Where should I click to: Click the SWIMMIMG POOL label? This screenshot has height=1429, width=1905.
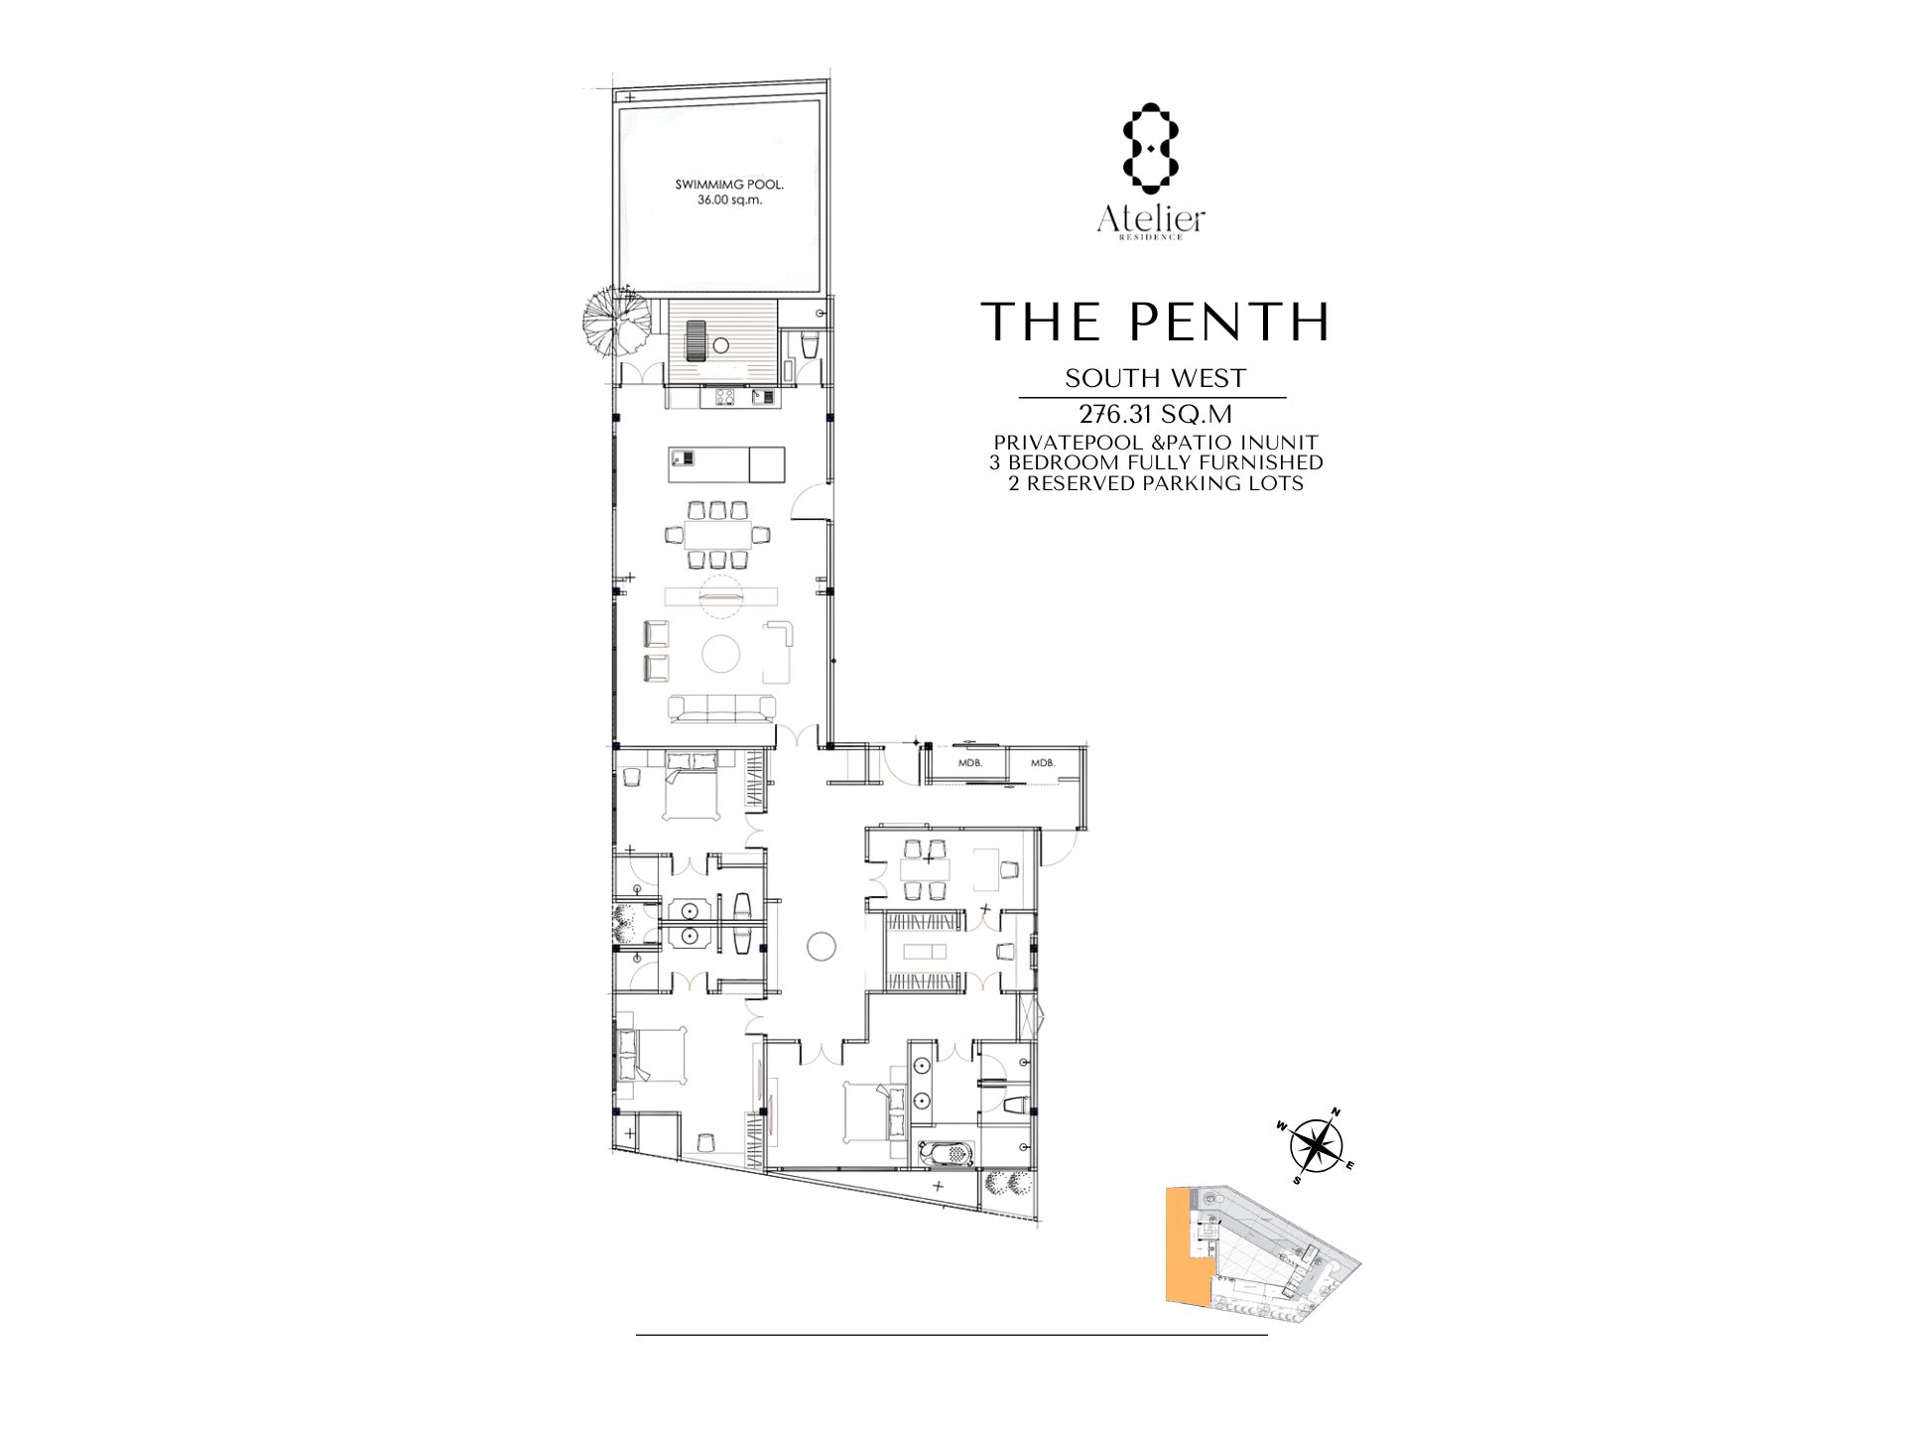pyautogui.click(x=719, y=185)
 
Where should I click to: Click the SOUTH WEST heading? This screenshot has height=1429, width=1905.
pyautogui.click(x=1155, y=378)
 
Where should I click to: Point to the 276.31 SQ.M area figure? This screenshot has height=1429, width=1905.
pyautogui.click(x=1155, y=414)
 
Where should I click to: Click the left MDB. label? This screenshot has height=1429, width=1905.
pyautogui.click(x=969, y=763)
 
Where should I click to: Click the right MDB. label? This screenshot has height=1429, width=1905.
pyautogui.click(x=1043, y=763)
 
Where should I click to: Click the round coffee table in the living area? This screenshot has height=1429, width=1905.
pyautogui.click(x=721, y=653)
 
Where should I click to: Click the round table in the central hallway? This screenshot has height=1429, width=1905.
pyautogui.click(x=822, y=947)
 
